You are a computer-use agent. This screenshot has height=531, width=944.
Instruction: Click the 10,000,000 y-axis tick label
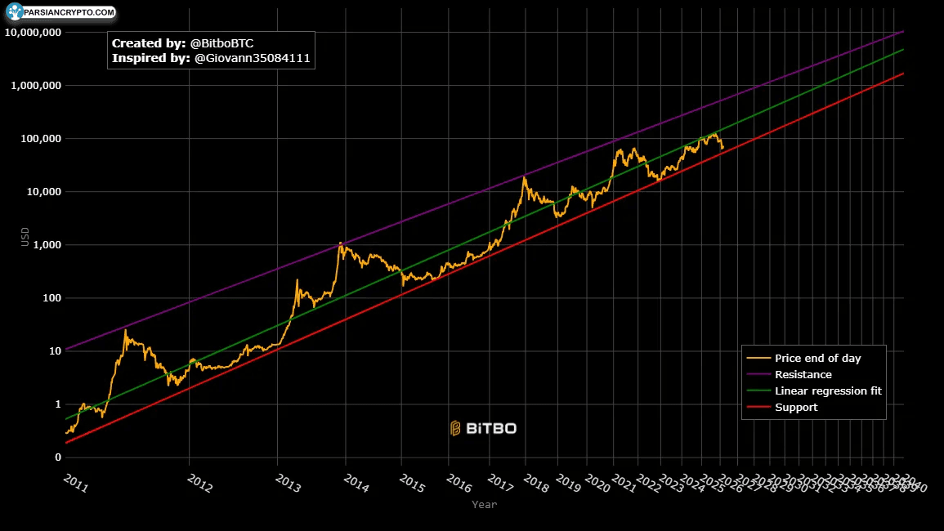pos(33,33)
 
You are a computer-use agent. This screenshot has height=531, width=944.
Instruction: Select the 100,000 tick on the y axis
pos(39,139)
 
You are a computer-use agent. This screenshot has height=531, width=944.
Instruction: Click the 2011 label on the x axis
pos(75,484)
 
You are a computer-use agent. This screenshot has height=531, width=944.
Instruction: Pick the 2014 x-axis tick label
pos(356,484)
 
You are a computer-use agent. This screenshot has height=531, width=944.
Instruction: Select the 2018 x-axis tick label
pos(535,484)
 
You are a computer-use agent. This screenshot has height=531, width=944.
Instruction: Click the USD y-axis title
pos(25,237)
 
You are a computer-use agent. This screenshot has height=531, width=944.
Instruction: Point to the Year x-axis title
pos(484,505)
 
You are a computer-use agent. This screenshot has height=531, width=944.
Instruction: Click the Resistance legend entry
pos(803,375)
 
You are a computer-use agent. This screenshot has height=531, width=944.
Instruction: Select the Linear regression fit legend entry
pos(827,391)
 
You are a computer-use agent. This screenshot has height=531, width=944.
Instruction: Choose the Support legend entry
pos(795,408)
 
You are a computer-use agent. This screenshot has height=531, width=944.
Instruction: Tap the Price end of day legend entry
pos(817,359)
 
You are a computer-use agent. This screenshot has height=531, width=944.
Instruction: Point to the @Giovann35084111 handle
pos(253,59)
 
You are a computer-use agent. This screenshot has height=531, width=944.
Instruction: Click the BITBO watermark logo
pos(483,428)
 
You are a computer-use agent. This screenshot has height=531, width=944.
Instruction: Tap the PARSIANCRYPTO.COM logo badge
pos(60,12)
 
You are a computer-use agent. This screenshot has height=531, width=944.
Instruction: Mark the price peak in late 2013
pos(340,243)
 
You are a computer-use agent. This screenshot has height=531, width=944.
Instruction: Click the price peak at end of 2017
pos(524,177)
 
